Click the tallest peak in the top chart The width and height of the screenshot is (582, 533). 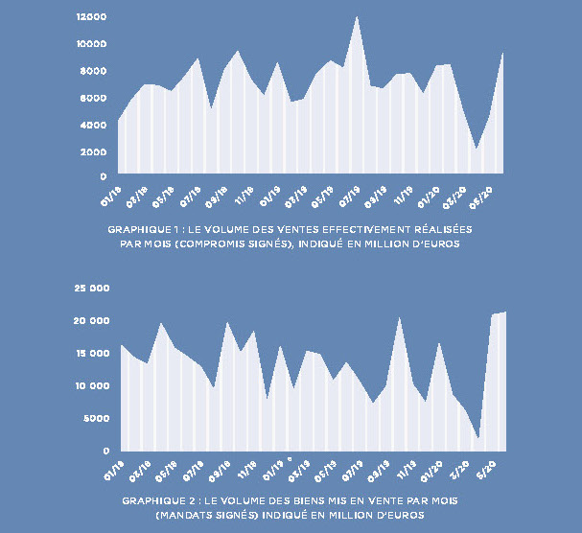[357, 17]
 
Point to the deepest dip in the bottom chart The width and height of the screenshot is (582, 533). [477, 438]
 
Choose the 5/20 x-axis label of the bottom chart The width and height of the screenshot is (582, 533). [487, 471]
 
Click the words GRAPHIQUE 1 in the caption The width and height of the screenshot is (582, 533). [141, 231]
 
